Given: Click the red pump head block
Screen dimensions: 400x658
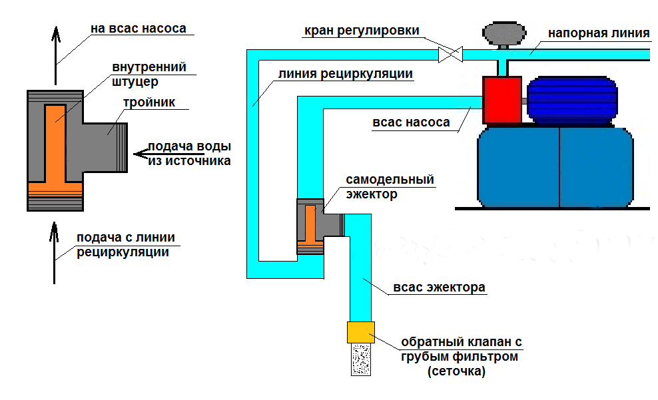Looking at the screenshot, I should [501, 100].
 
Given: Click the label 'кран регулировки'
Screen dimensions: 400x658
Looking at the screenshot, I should [362, 30].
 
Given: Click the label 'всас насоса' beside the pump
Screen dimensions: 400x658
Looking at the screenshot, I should [411, 122].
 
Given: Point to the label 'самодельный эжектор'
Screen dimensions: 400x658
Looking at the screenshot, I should [390, 187].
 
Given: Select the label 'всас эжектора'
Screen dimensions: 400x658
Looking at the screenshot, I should [439, 288].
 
